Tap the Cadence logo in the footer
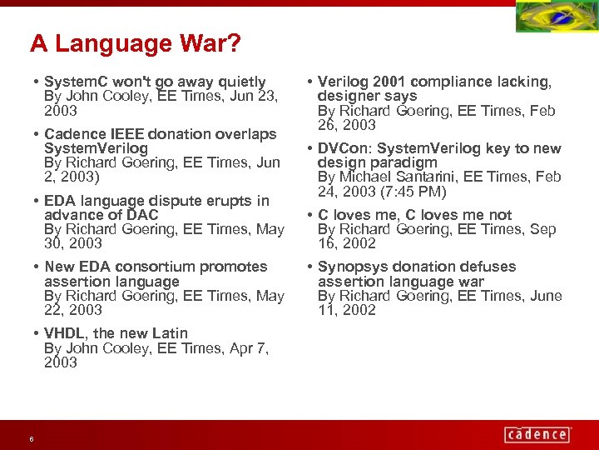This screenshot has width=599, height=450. click(537, 434)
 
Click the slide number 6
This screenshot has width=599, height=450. click(31, 439)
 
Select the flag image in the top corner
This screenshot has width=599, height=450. click(556, 17)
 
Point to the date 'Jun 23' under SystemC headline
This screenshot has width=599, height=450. click(256, 96)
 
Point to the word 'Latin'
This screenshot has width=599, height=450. click(170, 333)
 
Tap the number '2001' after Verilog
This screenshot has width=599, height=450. click(389, 82)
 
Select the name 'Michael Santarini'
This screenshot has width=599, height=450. click(396, 177)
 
